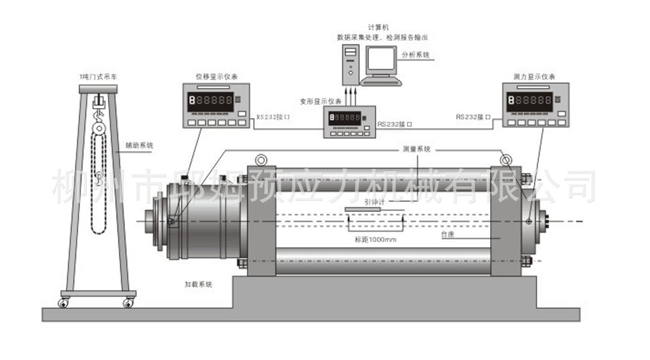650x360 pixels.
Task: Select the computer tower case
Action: coord(349,64)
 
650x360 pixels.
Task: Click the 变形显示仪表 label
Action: coord(321,102)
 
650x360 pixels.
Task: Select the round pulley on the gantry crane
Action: coord(98,128)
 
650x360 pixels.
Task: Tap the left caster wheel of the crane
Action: coord(63,303)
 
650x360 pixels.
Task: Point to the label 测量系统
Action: coord(416,149)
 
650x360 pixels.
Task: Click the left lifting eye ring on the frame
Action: coord(260,160)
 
